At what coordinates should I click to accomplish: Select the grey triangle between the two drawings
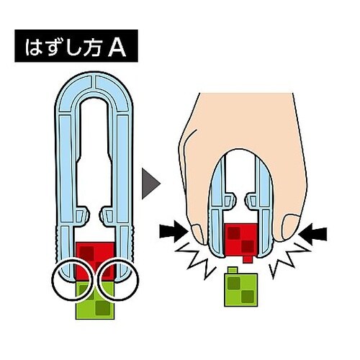(150, 184)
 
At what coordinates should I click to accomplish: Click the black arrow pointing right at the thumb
(174, 233)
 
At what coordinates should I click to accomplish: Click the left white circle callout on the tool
(73, 279)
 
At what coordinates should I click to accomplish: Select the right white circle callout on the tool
(118, 279)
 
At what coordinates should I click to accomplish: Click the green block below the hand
(240, 289)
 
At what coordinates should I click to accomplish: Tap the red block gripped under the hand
(240, 240)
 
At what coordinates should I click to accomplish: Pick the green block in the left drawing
(95, 300)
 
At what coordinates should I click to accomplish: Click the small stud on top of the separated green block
(233, 270)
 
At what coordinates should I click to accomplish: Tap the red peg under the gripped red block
(247, 259)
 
